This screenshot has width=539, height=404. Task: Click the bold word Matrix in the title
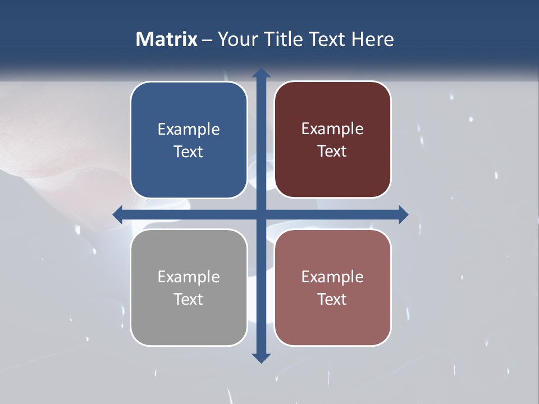[167, 39]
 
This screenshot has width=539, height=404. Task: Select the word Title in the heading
[284, 39]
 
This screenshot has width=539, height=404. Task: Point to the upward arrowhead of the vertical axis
[261, 74]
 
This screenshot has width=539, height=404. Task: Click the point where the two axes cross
[261, 214]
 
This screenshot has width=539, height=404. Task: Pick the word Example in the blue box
[189, 129]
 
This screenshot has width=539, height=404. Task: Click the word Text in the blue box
[189, 151]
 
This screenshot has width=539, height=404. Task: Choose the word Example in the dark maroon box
[332, 128]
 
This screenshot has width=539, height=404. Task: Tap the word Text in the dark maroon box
[332, 151]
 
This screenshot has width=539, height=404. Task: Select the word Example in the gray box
[189, 277]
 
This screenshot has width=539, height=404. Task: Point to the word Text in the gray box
[189, 299]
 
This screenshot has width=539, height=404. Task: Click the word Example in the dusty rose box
[332, 277]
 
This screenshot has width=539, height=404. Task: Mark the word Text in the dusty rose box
[332, 299]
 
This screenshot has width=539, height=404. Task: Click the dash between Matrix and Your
[207, 40]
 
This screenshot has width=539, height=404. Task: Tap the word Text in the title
[328, 39]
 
